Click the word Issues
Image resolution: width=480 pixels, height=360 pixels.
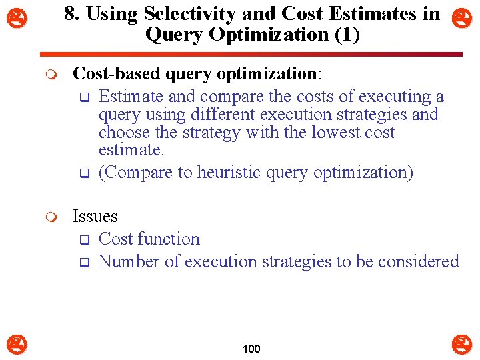95,217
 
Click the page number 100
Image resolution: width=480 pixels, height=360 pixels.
251,349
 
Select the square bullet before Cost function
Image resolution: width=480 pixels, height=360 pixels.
84,240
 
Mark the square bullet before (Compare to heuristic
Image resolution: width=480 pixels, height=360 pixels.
84,174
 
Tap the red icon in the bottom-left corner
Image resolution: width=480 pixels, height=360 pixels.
17,345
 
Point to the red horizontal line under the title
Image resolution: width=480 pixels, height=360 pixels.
251,54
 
